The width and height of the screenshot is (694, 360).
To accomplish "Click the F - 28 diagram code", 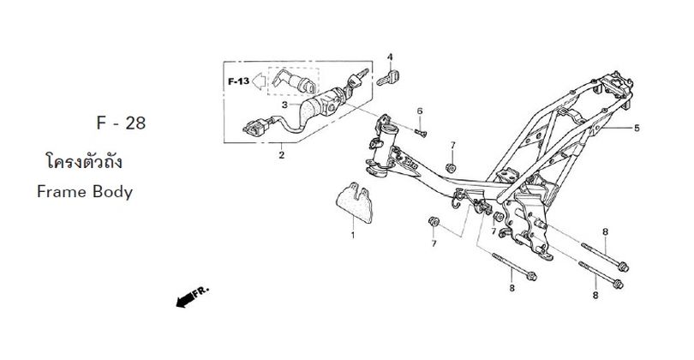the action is pos(121,123).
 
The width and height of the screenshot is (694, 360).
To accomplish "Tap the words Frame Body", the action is pos(85,192).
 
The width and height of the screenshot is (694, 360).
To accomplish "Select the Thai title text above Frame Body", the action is pos(84,161).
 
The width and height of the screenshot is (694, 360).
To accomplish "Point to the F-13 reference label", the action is pos(238,81).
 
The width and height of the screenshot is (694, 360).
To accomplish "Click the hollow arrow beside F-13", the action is pos(258,81).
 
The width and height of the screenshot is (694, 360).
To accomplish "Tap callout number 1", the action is pos(353,235).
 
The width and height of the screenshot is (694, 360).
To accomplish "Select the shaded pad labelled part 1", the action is pos(355,205).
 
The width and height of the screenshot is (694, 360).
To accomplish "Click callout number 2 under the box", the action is pos(282,155).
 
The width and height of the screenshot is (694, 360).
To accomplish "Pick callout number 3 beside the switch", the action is pos(285,105).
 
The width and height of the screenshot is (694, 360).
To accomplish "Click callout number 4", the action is pos(390,57).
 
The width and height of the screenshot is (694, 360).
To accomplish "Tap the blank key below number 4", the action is pos(388,78).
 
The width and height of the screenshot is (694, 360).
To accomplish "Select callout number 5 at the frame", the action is pos(637,128).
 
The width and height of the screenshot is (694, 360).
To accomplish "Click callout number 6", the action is pos(420,111).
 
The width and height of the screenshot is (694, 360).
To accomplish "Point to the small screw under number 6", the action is pos(421,132).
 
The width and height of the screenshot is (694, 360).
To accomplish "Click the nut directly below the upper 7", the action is pos(451,168).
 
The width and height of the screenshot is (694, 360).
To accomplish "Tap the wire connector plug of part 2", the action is pos(255,128).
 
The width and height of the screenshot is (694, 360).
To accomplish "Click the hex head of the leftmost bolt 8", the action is pos(531,276).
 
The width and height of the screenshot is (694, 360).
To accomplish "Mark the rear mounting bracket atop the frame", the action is pos(615,86).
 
